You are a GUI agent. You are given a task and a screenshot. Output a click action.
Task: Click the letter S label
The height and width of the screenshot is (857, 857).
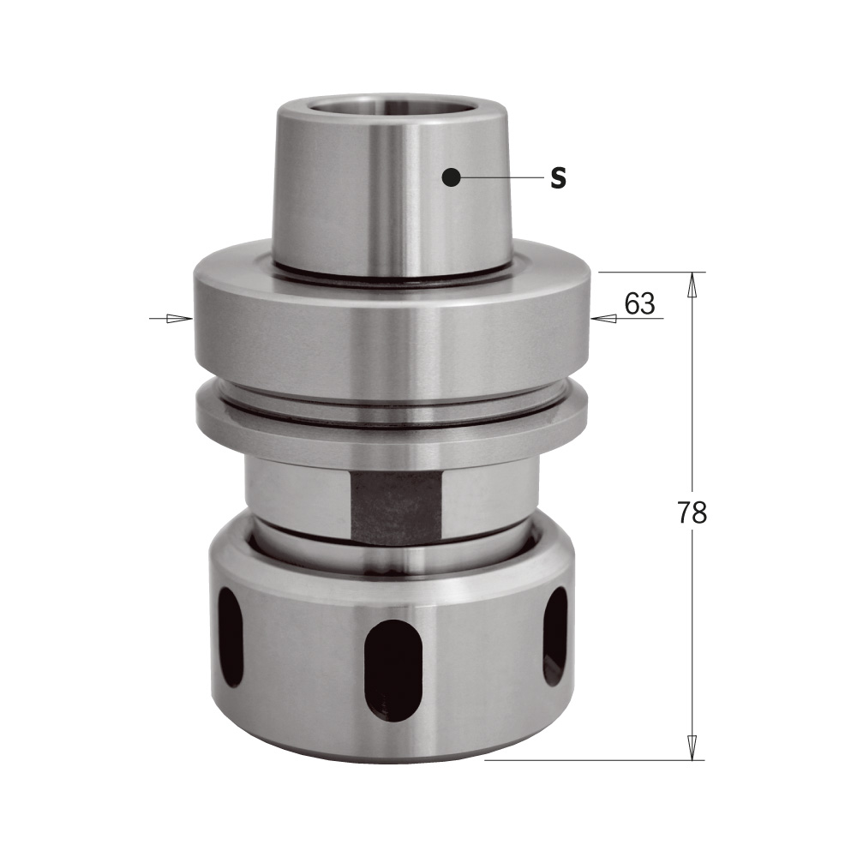[558, 178]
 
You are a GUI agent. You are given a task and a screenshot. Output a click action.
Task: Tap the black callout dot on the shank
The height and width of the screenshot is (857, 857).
[451, 177]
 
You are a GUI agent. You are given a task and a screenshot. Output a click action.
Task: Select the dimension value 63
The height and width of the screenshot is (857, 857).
[639, 304]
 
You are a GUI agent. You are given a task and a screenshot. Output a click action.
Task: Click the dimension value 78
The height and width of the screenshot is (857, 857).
[692, 512]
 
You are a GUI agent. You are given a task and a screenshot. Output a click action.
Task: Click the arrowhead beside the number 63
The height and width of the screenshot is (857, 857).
[605, 319]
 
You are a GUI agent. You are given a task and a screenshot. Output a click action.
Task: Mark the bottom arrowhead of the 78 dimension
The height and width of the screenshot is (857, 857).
[692, 746]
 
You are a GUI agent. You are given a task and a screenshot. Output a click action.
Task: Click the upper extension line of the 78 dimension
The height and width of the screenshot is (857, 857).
[651, 273]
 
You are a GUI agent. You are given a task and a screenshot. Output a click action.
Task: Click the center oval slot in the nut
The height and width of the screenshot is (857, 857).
[393, 669]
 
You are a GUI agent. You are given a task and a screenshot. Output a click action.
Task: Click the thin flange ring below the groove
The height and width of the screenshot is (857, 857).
[392, 423]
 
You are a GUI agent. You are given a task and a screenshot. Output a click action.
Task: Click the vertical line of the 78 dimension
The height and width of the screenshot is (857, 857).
[692, 411]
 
